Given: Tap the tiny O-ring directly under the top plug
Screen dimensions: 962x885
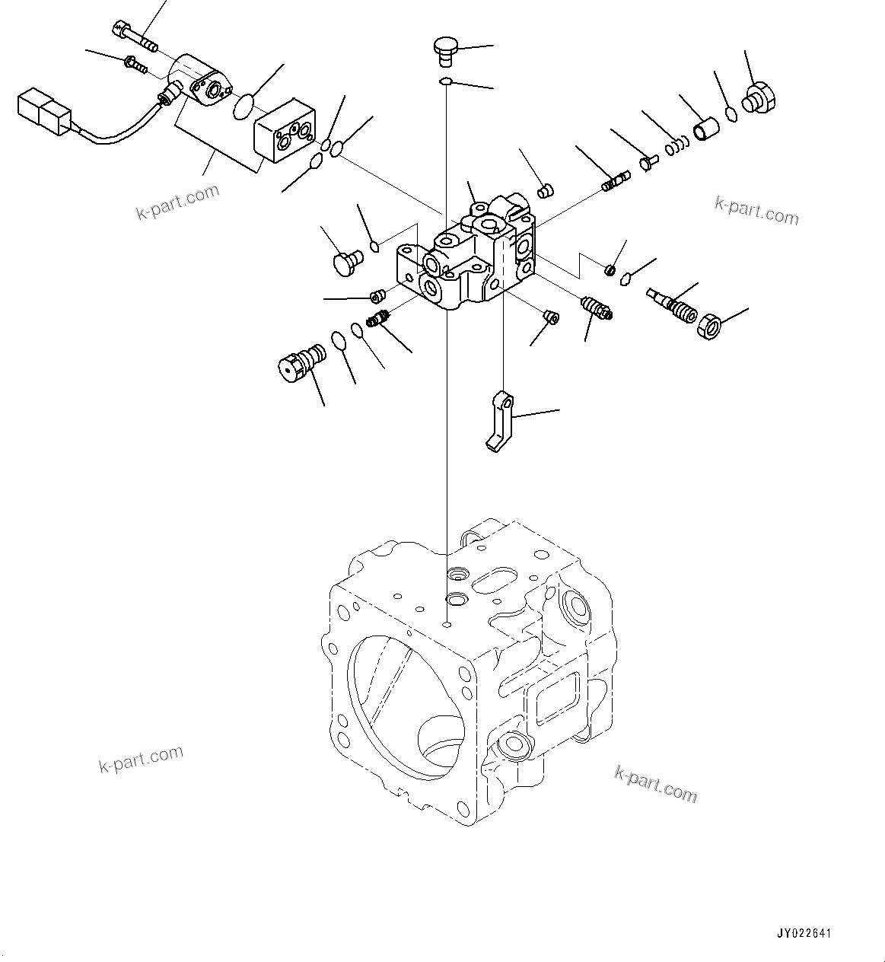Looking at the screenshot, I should (x=447, y=81).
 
